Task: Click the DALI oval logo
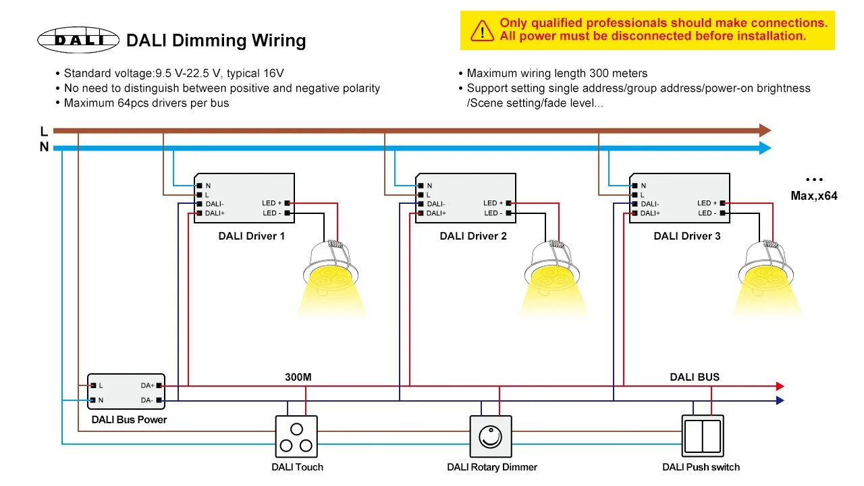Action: (x=78, y=40)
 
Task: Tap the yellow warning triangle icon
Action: (x=482, y=31)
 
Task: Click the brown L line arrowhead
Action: (x=765, y=130)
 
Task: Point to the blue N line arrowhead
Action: (x=765, y=148)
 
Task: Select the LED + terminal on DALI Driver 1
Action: (x=287, y=203)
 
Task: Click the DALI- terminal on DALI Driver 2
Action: (x=421, y=204)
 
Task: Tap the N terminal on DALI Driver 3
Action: (x=635, y=186)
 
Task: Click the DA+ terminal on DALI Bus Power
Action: (x=159, y=385)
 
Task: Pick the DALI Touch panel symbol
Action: (x=296, y=437)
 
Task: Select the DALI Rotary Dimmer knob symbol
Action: (x=491, y=437)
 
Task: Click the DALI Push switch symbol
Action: (x=703, y=436)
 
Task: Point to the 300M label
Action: (x=298, y=377)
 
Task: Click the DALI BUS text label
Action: (x=695, y=377)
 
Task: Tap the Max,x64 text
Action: (x=814, y=196)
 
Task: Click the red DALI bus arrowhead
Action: (x=780, y=385)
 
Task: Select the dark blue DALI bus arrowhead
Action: (x=780, y=400)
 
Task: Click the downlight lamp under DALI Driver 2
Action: (x=552, y=270)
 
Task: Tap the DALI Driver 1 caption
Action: (x=252, y=236)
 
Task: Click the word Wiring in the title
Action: (x=279, y=40)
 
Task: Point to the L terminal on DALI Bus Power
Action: (x=93, y=385)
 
